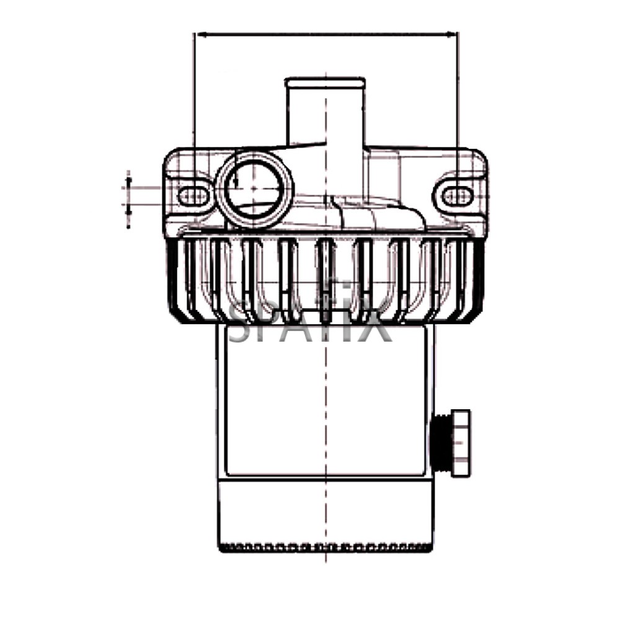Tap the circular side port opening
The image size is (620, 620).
[x=255, y=187]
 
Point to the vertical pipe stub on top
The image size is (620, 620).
[x=325, y=112]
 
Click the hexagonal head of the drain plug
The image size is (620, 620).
[x=461, y=443]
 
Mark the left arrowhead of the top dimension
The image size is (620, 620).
[x=198, y=33]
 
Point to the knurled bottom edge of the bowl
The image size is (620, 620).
[x=325, y=547]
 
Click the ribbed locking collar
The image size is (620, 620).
[x=325, y=279]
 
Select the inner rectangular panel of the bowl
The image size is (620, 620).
[x=325, y=403]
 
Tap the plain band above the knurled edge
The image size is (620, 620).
[x=325, y=511]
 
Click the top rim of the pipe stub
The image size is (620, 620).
[x=325, y=81]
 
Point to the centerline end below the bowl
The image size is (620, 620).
[x=325, y=558]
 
